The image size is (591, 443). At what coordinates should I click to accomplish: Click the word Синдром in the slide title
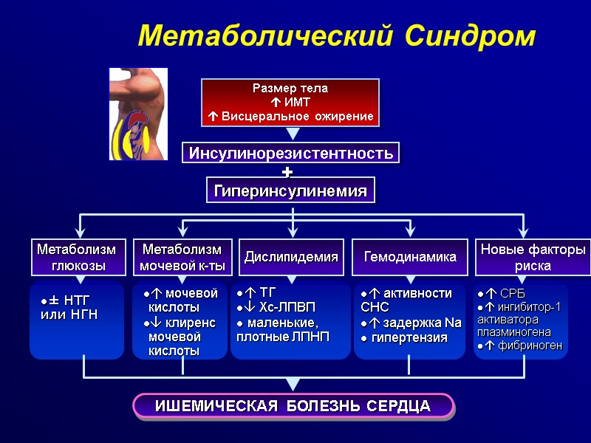click(473, 35)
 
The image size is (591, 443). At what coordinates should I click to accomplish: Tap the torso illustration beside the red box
click(138, 114)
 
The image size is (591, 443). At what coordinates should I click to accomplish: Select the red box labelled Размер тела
click(290, 103)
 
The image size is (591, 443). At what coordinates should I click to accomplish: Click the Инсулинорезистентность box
click(290, 153)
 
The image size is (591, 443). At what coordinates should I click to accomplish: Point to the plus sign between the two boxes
click(287, 172)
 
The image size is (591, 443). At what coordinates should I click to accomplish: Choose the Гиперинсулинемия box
click(290, 190)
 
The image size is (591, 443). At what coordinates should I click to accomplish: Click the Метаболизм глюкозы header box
click(77, 257)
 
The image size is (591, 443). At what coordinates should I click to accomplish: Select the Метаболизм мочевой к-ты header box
click(182, 257)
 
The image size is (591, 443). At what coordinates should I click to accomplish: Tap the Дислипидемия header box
click(291, 257)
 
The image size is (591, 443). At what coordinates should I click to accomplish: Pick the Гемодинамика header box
click(410, 257)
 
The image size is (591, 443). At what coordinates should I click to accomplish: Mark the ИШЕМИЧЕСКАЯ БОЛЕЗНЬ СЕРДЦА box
click(293, 405)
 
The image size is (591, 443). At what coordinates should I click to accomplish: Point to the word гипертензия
click(409, 337)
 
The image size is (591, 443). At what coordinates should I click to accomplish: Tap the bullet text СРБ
click(511, 293)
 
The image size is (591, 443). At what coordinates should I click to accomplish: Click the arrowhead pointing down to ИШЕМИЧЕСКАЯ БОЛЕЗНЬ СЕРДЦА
click(293, 385)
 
